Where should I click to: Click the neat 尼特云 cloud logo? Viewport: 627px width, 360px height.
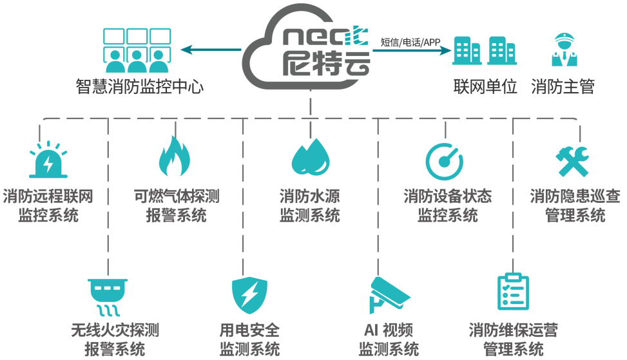tap(309, 46)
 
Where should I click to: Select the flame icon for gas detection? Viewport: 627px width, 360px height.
tap(175, 157)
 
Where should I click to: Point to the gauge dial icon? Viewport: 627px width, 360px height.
tap(445, 160)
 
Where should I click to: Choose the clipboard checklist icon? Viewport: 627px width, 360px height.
tap(514, 294)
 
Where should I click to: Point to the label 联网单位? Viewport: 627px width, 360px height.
tap(485, 87)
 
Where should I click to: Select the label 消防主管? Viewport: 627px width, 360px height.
tap(563, 87)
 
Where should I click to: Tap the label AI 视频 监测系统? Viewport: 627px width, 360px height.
tap(389, 340)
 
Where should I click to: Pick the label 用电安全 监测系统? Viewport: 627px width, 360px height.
tap(249, 340)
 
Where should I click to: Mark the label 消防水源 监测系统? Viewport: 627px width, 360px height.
tap(309, 205)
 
